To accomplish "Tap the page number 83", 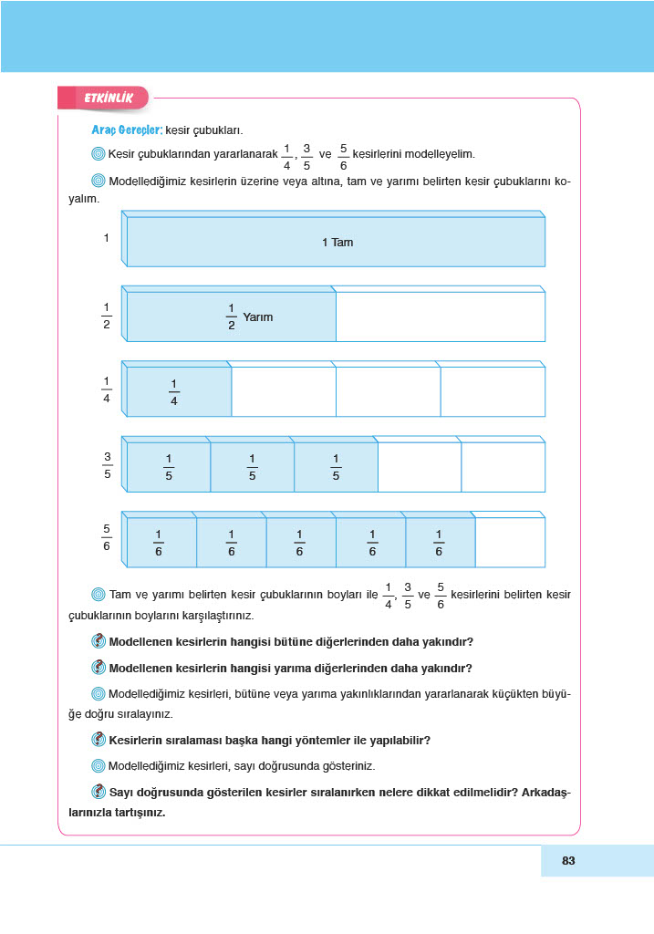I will (568, 860).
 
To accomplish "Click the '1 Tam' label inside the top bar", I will (337, 243).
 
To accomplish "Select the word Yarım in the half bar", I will (258, 317).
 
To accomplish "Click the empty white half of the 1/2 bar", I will (440, 317).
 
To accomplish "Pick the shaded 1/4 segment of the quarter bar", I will (178, 391).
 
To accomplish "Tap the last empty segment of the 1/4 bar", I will (493, 391).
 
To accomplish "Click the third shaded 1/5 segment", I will (336, 467).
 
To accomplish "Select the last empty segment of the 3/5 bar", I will (503, 467).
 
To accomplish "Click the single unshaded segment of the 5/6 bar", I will (510, 542).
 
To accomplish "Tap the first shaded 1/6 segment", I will (161, 542).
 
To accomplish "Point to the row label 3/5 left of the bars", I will (107, 465).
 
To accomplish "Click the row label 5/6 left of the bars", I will (107, 537).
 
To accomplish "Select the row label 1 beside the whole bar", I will (107, 238).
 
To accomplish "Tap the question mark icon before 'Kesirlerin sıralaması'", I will (99, 740).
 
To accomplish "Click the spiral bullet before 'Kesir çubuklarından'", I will (99, 153).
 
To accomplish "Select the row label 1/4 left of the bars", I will (107, 389).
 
